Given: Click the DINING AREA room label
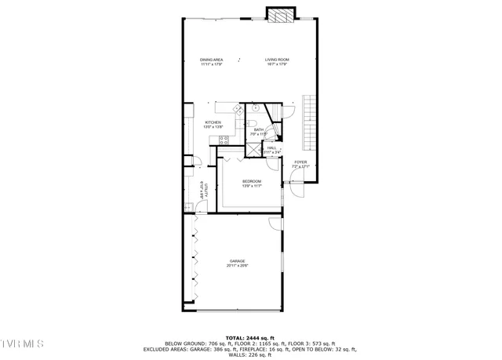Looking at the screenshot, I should [x=212, y=60].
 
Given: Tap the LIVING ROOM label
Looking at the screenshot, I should [x=277, y=60].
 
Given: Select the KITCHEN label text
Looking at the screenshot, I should [x=213, y=122].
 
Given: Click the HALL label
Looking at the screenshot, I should [x=271, y=147].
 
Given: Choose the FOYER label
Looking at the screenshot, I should [x=300, y=162].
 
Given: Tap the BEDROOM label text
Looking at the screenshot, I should [x=251, y=181].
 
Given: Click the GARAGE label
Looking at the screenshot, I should [x=237, y=261].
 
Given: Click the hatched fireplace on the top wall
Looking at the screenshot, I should [x=280, y=16].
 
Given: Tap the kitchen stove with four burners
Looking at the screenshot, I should [x=224, y=140].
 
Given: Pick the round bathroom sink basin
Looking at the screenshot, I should [x=256, y=109].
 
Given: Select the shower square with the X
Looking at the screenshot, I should [x=254, y=149].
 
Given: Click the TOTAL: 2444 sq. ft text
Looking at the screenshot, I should [x=249, y=336].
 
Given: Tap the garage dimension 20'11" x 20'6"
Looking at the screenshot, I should [x=237, y=266].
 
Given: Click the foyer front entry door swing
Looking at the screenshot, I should [x=294, y=187].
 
